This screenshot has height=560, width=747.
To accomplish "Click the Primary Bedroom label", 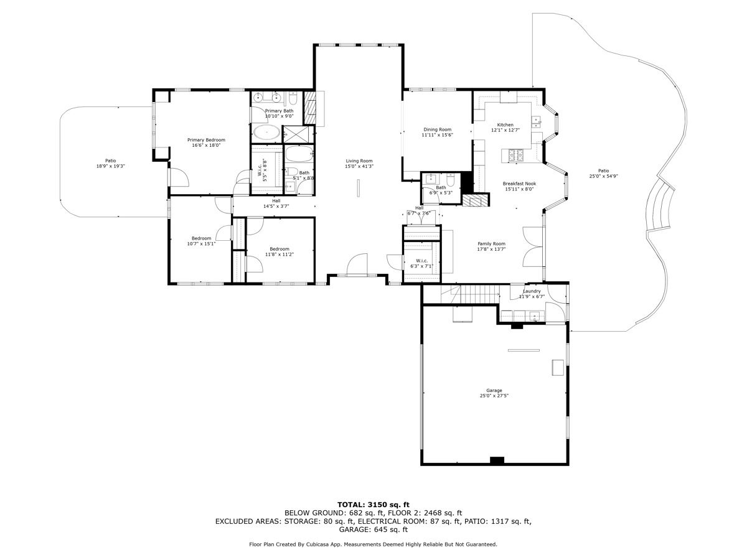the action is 206,140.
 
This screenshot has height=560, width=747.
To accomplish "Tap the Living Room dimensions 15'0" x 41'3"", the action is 359,166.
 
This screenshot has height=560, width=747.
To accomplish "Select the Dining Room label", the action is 438,129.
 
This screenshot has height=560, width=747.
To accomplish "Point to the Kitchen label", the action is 505,125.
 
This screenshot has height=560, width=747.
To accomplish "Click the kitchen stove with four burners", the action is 516,156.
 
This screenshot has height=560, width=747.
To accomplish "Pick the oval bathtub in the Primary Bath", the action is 266,133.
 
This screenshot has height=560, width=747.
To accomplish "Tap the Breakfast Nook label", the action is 519,184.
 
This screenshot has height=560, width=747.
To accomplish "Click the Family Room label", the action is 491,243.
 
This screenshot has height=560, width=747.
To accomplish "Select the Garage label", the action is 494,390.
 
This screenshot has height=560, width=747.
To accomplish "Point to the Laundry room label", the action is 532,291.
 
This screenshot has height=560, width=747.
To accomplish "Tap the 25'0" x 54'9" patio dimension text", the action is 603,176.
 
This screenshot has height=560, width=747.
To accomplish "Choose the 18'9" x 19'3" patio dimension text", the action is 111,166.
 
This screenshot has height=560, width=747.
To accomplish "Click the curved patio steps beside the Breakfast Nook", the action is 659,207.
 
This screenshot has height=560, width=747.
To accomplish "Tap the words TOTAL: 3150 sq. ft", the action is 374,505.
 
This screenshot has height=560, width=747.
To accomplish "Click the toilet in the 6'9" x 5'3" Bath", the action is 450,180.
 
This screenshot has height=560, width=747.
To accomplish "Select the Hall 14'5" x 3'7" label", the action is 276,203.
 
